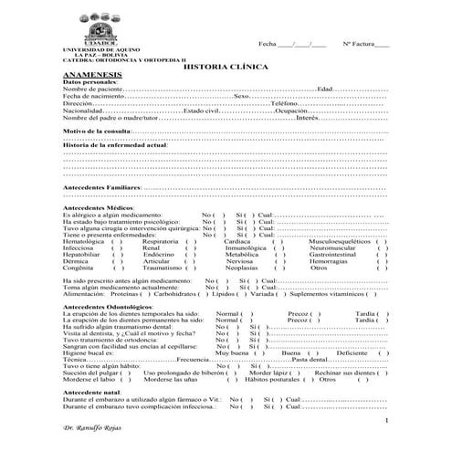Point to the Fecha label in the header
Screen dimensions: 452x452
click(268, 43)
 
